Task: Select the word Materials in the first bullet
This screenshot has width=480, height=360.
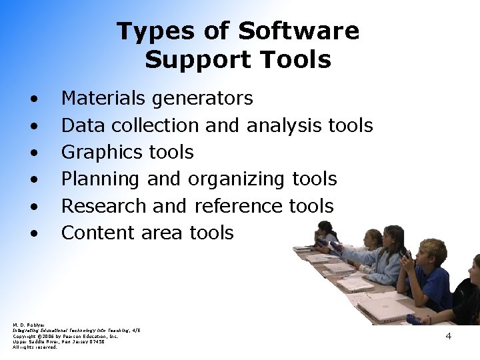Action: [103, 99]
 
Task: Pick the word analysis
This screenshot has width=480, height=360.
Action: [286, 125]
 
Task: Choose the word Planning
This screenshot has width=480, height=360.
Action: [100, 179]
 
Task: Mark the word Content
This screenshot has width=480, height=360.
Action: [99, 233]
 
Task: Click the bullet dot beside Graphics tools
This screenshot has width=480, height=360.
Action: [33, 153]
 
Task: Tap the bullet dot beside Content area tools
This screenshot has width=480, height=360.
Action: [33, 233]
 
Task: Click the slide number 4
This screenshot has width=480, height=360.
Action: [448, 336]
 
